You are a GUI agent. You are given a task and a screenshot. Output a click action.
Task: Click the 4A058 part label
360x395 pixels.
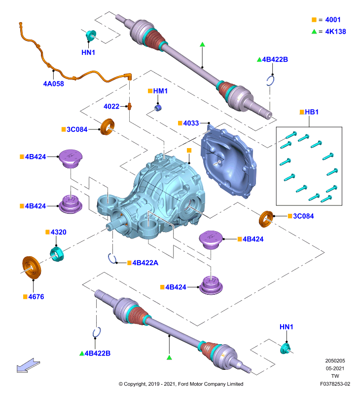click(x=54, y=83)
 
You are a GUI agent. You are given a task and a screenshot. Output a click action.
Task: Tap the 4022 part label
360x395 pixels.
click(x=111, y=106)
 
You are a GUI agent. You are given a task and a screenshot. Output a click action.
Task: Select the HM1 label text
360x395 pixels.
click(x=160, y=91)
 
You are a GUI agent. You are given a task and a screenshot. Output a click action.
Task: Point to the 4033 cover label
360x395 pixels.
click(x=191, y=123)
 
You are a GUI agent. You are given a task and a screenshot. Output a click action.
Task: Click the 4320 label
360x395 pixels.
click(x=58, y=232)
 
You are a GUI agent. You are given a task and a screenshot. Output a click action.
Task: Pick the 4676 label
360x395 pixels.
click(x=36, y=297)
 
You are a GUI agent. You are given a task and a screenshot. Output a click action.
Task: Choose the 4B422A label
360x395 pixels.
click(x=145, y=263)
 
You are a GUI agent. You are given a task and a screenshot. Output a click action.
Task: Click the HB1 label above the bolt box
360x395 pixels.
click(x=312, y=112)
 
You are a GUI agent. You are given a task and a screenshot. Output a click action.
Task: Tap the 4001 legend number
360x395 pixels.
click(x=333, y=20)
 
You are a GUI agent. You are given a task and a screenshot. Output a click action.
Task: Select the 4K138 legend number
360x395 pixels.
click(x=335, y=32)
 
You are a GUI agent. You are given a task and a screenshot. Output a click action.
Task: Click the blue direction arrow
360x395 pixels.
click(x=28, y=366)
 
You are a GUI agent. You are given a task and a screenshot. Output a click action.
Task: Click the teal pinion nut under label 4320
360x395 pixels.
click(x=57, y=254)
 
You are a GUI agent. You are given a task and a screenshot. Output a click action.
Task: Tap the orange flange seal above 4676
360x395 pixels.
click(x=32, y=268)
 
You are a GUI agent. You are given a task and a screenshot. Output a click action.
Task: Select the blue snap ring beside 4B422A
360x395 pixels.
click(x=111, y=258)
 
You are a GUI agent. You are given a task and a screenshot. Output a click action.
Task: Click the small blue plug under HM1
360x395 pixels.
click(x=158, y=108)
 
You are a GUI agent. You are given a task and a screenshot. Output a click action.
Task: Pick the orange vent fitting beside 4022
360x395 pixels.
click(x=130, y=106)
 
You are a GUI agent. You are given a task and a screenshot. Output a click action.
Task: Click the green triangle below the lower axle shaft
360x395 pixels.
click(x=169, y=357)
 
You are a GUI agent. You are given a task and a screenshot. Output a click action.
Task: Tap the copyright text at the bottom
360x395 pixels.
click(x=181, y=384)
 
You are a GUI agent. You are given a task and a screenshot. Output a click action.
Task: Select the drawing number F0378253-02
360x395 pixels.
click(x=335, y=384)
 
